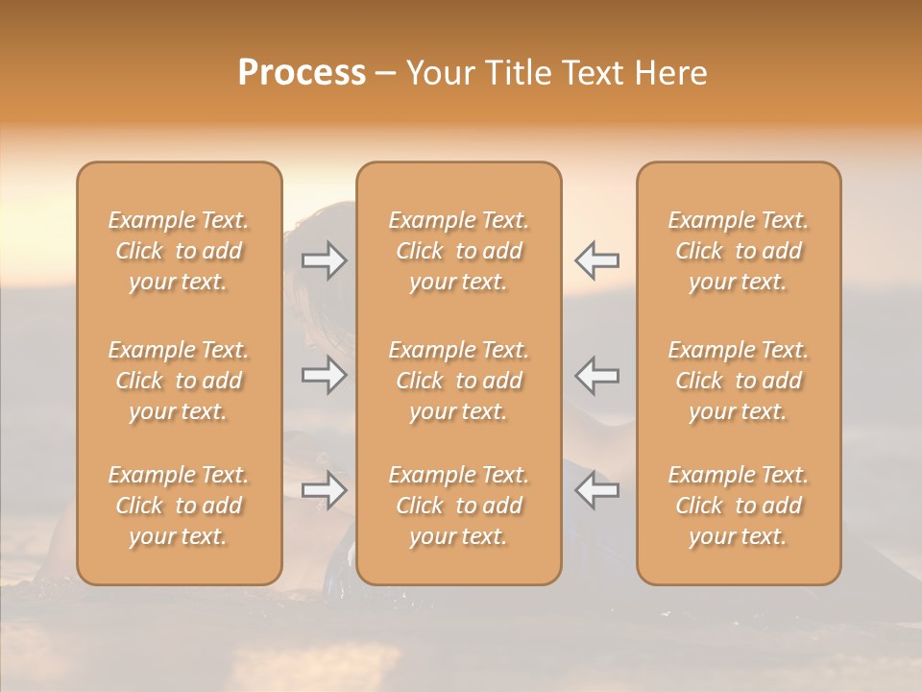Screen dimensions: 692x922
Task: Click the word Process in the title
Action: click(x=302, y=73)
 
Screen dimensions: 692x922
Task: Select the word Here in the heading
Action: click(x=671, y=73)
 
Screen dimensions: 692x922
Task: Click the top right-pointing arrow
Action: click(x=324, y=259)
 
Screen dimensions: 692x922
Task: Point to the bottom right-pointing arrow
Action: click(x=324, y=491)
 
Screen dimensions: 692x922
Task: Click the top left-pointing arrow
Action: click(x=597, y=259)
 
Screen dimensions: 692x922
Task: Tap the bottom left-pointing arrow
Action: click(x=597, y=491)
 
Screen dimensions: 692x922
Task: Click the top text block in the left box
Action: click(x=179, y=251)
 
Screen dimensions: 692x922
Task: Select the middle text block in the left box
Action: click(x=179, y=381)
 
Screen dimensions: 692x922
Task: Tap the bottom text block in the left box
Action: click(x=179, y=506)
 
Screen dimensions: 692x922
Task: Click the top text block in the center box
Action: click(x=459, y=251)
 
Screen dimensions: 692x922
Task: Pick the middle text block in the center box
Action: click(x=459, y=381)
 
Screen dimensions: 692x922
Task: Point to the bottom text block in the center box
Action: click(x=459, y=506)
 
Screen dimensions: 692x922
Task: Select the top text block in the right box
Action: click(x=739, y=251)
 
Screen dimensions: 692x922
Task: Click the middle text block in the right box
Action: click(x=739, y=381)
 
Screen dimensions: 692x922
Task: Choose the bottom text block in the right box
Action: click(x=739, y=506)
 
